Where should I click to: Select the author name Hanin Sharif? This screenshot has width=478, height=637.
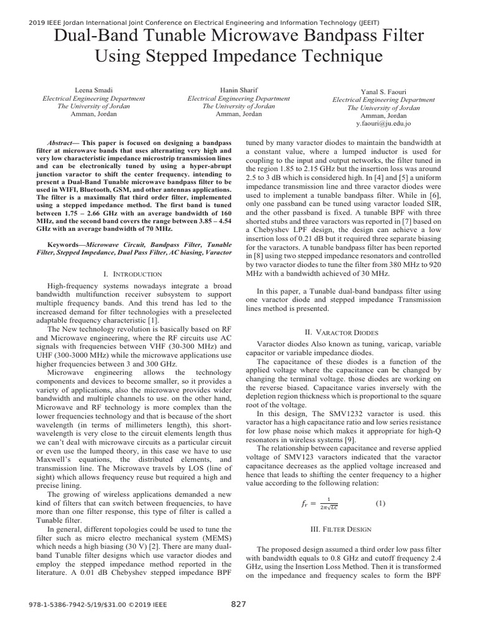tap(238, 90)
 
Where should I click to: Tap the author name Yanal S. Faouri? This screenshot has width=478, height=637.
tap(383, 91)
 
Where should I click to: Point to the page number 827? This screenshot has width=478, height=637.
tap(239, 604)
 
